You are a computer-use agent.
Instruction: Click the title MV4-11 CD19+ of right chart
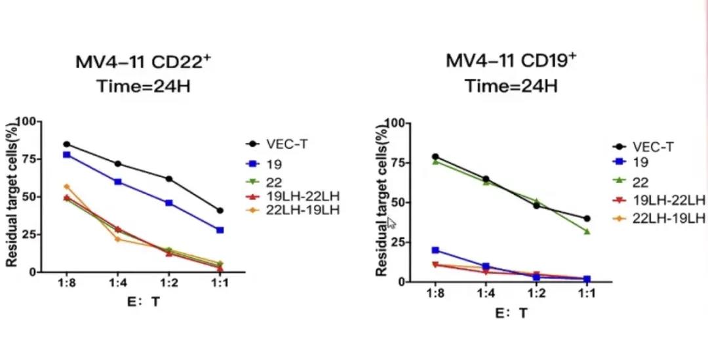[511, 61]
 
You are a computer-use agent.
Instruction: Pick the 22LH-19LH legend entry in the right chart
[666, 218]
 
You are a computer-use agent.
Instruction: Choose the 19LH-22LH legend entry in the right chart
[666, 200]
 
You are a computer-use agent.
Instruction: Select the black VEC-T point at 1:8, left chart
[67, 144]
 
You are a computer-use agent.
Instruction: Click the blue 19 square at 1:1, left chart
[220, 230]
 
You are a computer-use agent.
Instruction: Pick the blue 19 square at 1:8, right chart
[435, 250]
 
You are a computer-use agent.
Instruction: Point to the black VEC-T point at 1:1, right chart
[587, 218]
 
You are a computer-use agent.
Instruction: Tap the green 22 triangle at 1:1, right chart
[587, 231]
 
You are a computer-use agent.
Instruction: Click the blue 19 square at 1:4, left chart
[118, 182]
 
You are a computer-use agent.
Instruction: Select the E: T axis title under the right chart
[511, 313]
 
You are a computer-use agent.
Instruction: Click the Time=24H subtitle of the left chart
[144, 86]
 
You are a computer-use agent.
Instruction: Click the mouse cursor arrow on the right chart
[391, 222]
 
